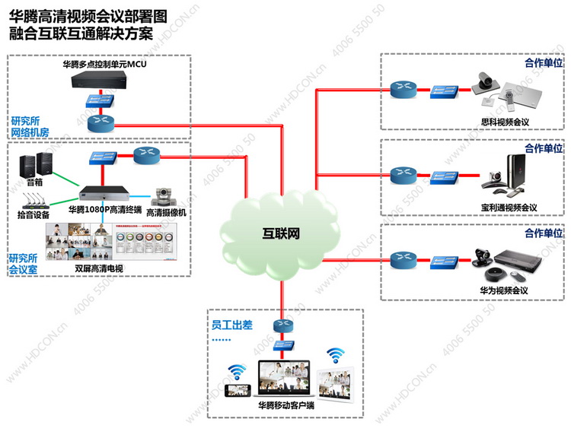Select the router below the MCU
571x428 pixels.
coord(99,120)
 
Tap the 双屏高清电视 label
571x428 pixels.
coord(95,268)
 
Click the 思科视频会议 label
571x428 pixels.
coord(505,122)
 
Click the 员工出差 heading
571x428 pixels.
coord(231,325)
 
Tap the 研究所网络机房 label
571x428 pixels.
coord(28,126)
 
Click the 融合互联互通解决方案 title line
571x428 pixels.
coord(91,33)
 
